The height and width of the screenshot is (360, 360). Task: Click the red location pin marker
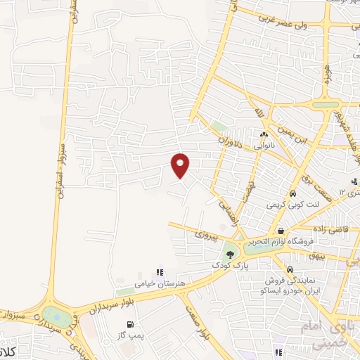[x=181, y=165]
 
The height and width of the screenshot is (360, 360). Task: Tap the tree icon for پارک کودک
[x=230, y=255]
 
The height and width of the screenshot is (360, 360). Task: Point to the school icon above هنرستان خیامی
[x=160, y=271]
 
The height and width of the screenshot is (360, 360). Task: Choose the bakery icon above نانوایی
[x=264, y=134]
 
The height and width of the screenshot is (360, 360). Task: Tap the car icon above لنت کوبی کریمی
[x=291, y=193]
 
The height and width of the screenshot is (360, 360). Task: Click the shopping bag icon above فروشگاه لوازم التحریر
[x=281, y=231]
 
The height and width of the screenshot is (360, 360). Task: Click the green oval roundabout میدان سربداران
[x=53, y=316]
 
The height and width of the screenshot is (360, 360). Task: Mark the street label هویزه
[x=328, y=72]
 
